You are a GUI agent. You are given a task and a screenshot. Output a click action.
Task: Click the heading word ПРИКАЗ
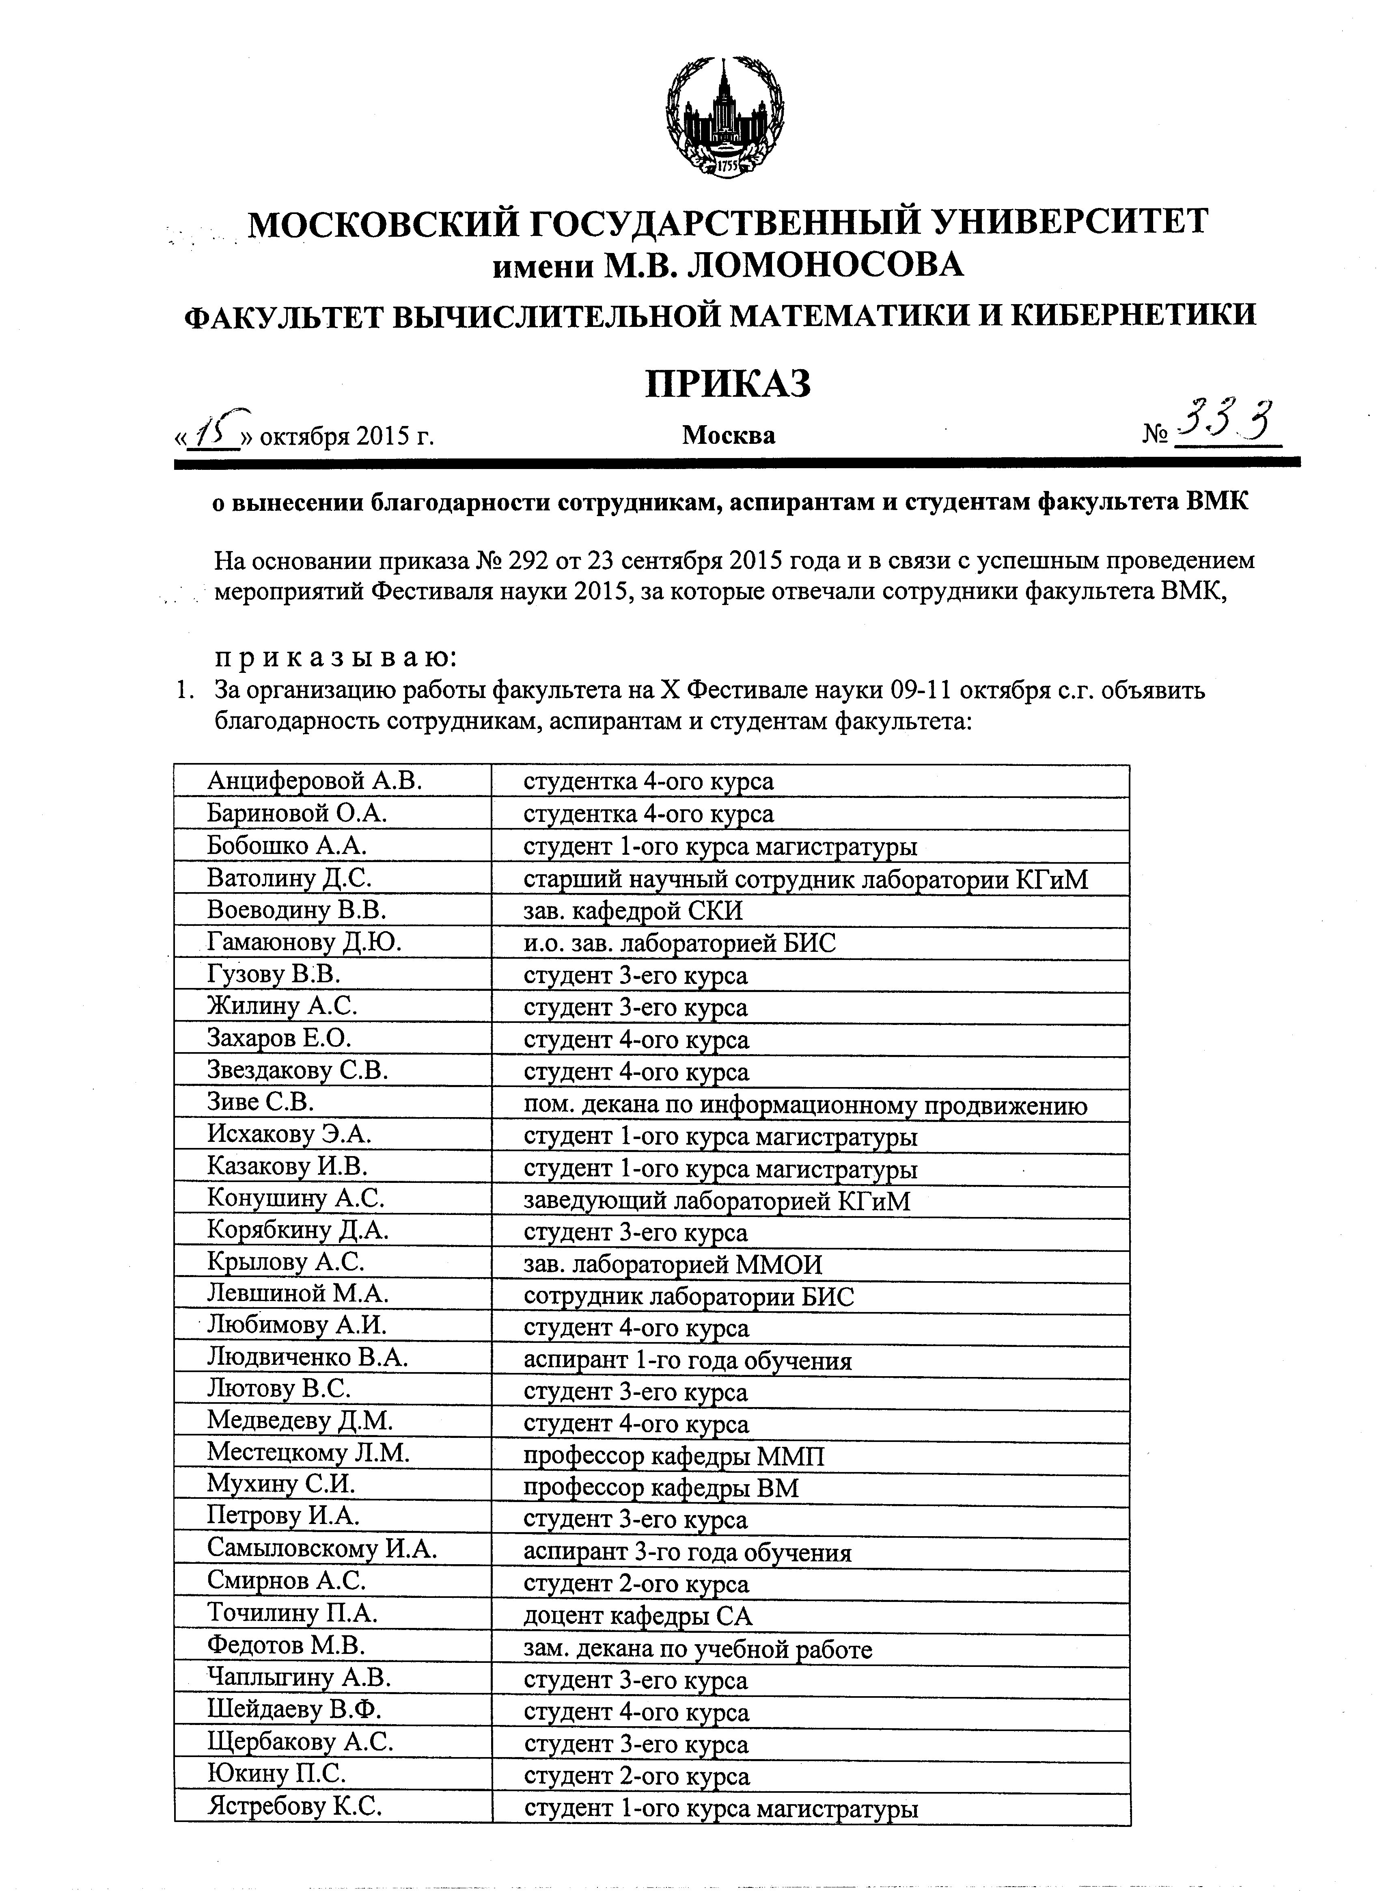pyautogui.click(x=728, y=384)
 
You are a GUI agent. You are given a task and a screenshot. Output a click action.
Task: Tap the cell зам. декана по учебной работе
pyautogui.click(x=698, y=1649)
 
